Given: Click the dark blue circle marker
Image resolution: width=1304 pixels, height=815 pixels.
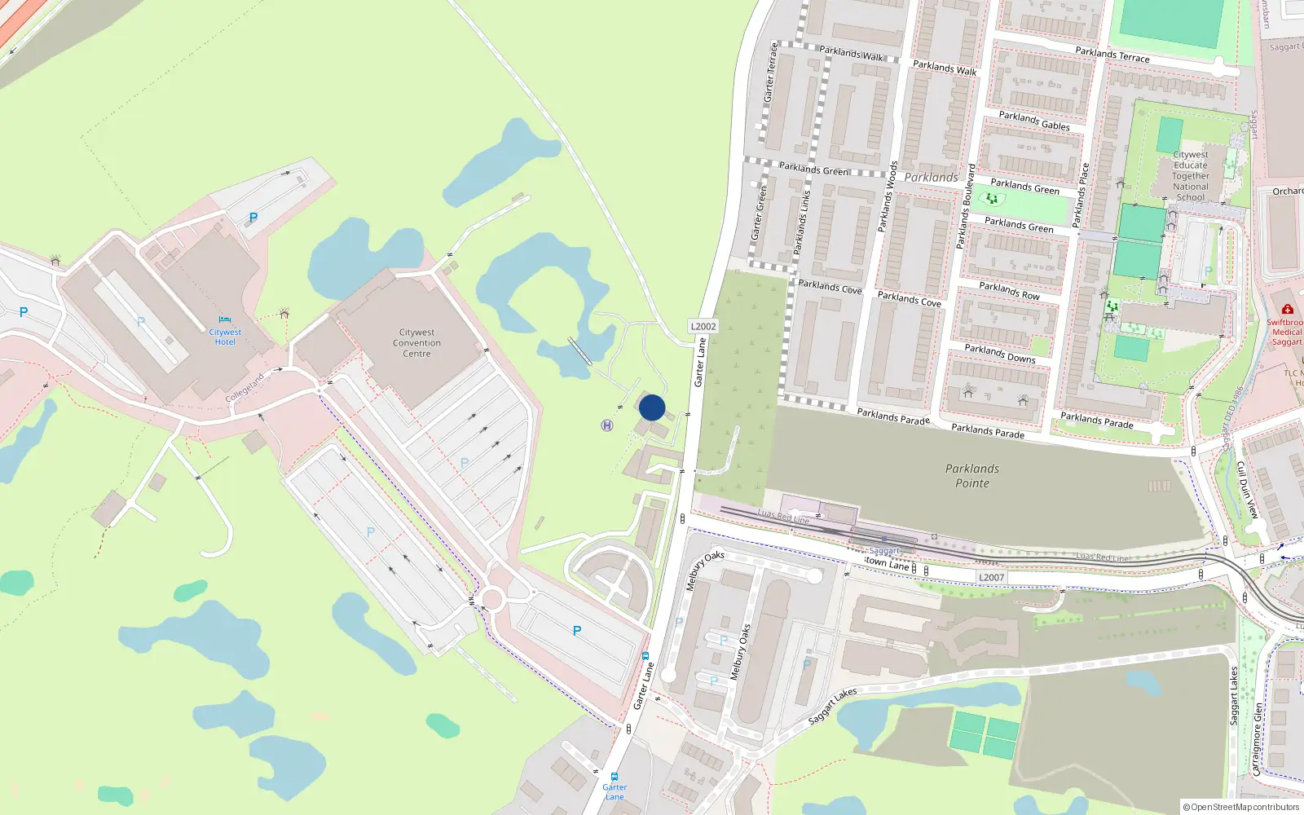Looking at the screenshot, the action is click(x=652, y=407).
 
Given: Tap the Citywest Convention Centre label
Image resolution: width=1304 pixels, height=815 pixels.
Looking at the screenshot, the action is click(x=416, y=343).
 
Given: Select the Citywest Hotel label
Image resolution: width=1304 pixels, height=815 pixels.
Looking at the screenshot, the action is click(x=225, y=337).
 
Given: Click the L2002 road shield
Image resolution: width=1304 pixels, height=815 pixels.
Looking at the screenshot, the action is click(x=703, y=326).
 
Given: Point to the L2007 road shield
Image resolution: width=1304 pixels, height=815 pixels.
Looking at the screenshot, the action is click(x=991, y=577).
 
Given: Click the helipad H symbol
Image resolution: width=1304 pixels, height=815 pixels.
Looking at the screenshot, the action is click(x=607, y=425).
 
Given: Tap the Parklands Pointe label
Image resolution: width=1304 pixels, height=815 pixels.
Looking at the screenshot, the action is click(x=972, y=476).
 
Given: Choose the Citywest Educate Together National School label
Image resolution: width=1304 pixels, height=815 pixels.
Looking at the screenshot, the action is click(x=1191, y=176).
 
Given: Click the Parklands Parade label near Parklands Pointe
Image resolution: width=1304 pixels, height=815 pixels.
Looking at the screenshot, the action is click(x=988, y=430).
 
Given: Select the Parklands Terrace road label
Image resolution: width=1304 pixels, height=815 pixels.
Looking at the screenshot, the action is click(x=1112, y=55).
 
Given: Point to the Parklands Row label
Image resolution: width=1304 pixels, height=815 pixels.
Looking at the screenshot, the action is click(x=1009, y=291).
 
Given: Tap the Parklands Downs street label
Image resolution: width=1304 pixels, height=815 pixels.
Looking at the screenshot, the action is click(x=1000, y=353).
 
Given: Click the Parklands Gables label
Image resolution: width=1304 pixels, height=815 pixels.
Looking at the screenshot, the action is click(x=1034, y=121).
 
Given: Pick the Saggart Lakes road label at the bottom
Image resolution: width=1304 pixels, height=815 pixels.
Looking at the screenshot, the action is click(x=832, y=706).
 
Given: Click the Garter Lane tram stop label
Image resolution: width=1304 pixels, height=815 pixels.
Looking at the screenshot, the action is click(x=615, y=791).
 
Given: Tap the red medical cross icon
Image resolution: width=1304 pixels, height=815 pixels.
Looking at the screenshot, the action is click(x=1287, y=310).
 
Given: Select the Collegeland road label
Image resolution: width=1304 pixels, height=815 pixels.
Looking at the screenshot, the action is click(x=244, y=388).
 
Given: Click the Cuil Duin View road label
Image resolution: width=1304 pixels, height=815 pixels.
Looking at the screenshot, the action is click(x=1247, y=489).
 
